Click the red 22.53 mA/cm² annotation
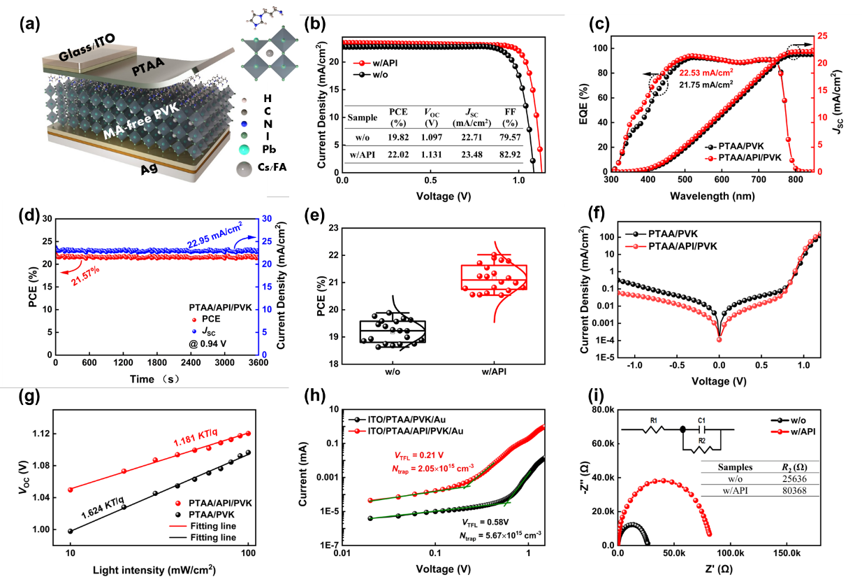point(708,71)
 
